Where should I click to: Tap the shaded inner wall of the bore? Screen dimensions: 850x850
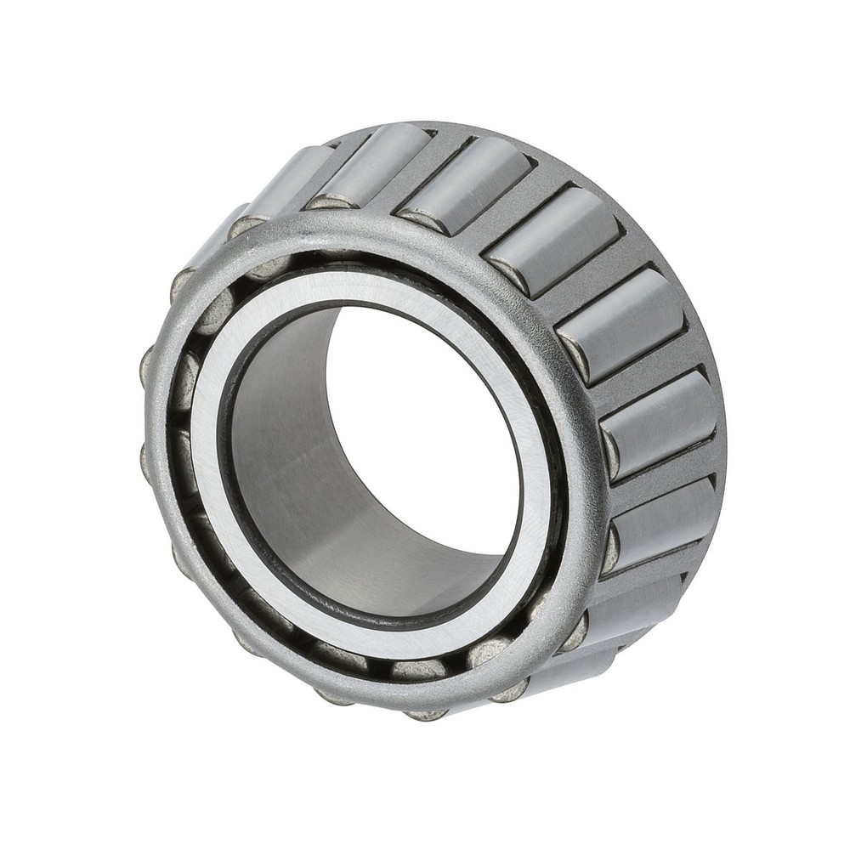tap(280, 442)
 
